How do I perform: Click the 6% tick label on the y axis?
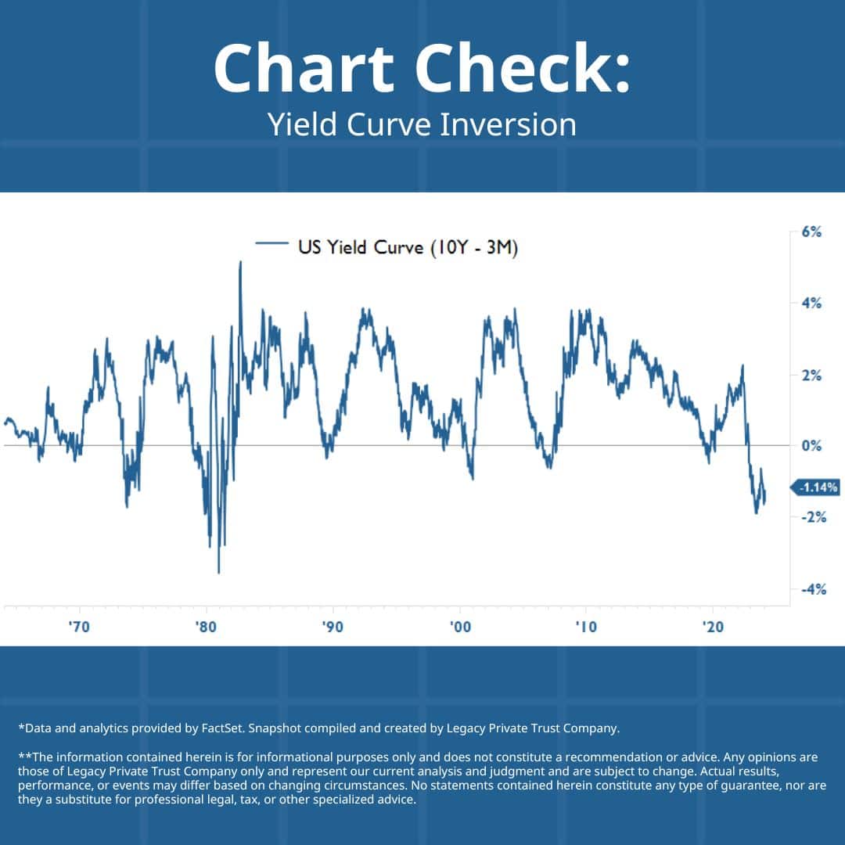click(811, 232)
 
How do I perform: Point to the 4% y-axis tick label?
click(811, 304)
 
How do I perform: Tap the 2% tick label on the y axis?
click(811, 376)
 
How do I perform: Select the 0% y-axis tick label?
click(811, 446)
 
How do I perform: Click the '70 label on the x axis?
click(79, 627)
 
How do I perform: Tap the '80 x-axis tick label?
click(206, 627)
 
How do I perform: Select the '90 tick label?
click(333, 627)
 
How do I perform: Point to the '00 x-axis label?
click(460, 627)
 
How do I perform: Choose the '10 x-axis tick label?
click(586, 627)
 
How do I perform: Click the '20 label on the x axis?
click(713, 627)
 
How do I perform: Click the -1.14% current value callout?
click(818, 487)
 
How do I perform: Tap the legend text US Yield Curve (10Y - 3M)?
click(408, 248)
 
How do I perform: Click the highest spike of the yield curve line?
click(240, 263)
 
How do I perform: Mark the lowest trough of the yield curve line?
click(218, 572)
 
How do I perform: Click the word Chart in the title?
click(301, 69)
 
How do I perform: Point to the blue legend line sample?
click(272, 245)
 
